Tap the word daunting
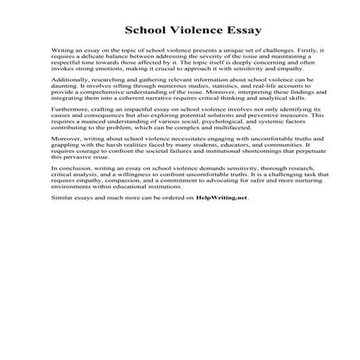65,109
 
